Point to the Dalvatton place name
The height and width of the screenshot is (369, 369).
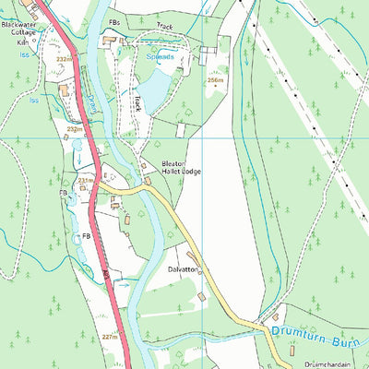[x=182, y=269]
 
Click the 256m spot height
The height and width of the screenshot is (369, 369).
[x=216, y=80]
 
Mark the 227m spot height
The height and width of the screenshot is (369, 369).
[x=110, y=337]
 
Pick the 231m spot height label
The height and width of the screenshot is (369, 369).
[x=86, y=181]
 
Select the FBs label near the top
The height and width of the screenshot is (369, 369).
[x=114, y=20]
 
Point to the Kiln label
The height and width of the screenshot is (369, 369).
[x=22, y=42]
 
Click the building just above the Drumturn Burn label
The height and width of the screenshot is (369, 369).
[x=275, y=316]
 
